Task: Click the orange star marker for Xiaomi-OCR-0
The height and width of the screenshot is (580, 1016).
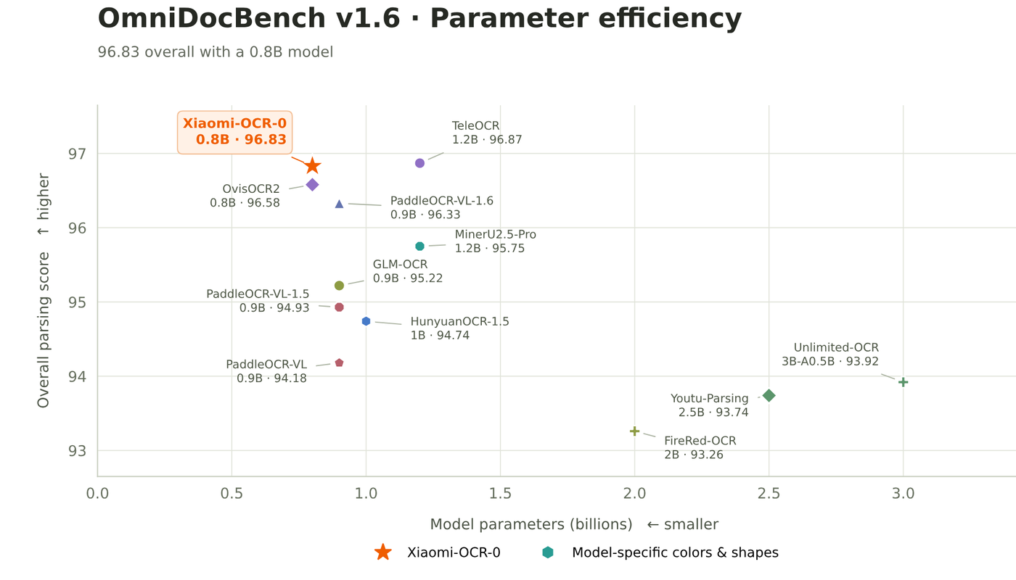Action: point(312,166)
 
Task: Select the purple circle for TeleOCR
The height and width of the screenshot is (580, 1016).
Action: point(419,163)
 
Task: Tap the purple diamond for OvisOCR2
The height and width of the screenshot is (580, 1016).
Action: point(312,185)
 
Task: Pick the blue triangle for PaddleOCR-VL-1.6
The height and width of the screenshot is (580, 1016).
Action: point(340,204)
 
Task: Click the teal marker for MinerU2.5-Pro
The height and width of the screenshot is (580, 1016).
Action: point(419,246)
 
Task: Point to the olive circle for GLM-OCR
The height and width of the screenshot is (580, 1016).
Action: point(340,286)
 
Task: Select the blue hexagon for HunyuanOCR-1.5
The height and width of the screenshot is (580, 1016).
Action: point(366,321)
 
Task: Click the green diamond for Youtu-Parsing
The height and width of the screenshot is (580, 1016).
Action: point(769,396)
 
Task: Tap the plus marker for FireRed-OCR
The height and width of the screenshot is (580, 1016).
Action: point(634,431)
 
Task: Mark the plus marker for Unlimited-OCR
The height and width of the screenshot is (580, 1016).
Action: point(903,383)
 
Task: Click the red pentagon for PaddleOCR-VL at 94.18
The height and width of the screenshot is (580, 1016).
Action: point(340,362)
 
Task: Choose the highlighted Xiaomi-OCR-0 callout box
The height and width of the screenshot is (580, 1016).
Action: point(234,132)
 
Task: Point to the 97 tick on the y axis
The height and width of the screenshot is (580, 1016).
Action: point(77,154)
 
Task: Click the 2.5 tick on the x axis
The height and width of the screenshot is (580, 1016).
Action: point(769,493)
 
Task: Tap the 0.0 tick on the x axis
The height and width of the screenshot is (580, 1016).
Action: point(97,493)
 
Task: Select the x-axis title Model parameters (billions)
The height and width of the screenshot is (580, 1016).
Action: point(531,524)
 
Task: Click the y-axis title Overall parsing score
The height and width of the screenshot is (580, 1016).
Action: point(44,330)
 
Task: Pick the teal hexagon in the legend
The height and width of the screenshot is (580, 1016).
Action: point(548,552)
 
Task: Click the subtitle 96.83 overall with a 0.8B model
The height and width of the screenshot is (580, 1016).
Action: point(216,52)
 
